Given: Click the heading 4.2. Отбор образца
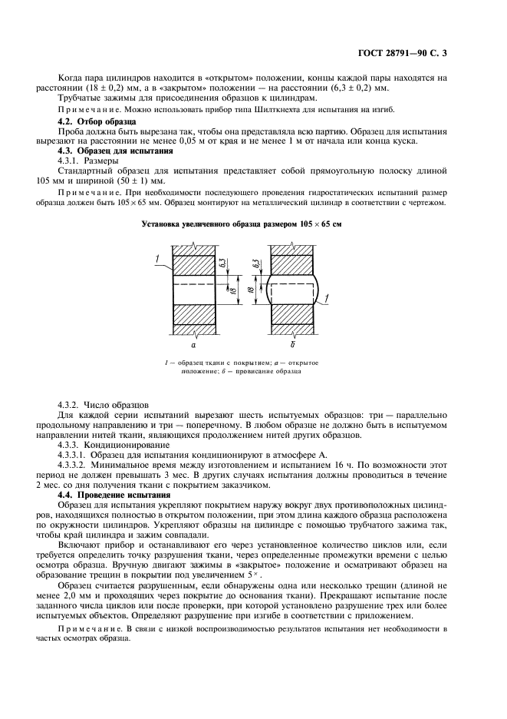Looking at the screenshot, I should [93, 122].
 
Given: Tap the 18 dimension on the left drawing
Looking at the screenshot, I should [222, 287].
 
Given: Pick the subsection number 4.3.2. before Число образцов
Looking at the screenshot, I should [71, 403].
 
